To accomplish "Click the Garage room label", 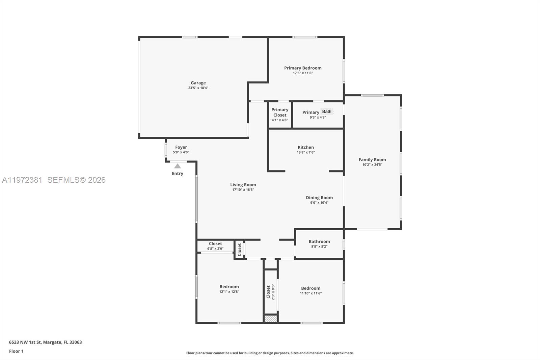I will pos(198,83).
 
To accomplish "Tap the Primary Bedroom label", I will pos(303,68).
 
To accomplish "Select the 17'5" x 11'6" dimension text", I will pos(303,73).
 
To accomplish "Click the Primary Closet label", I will pos(280,112).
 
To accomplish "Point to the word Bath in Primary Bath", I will pos(326,111).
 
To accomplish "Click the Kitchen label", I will pos(306,147).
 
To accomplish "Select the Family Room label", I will pos(372,160).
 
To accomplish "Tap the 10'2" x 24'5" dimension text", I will pos(372,165).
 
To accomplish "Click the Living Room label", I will pos(243,185).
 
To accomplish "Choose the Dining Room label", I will pos(319,198).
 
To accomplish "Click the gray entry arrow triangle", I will pos(178,166).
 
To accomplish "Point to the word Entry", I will pos(178,174).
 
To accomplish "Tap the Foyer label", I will pos(181,147).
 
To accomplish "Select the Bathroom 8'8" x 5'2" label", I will pos(319,243).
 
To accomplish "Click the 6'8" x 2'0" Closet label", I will pos(215,246).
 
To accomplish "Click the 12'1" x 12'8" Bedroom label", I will pos(229,289).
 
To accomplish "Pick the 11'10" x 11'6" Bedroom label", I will pos(310,290).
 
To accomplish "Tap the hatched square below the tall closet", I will pos(270,318).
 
